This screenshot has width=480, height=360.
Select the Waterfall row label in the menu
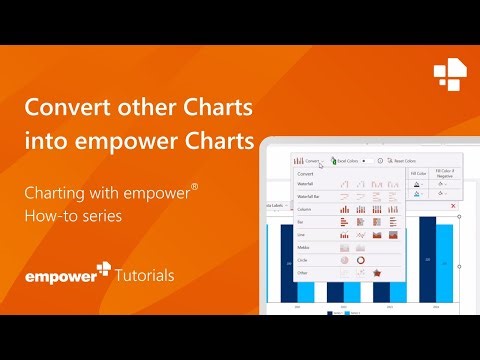[x=304, y=183]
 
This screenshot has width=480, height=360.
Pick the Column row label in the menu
[x=302, y=208]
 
